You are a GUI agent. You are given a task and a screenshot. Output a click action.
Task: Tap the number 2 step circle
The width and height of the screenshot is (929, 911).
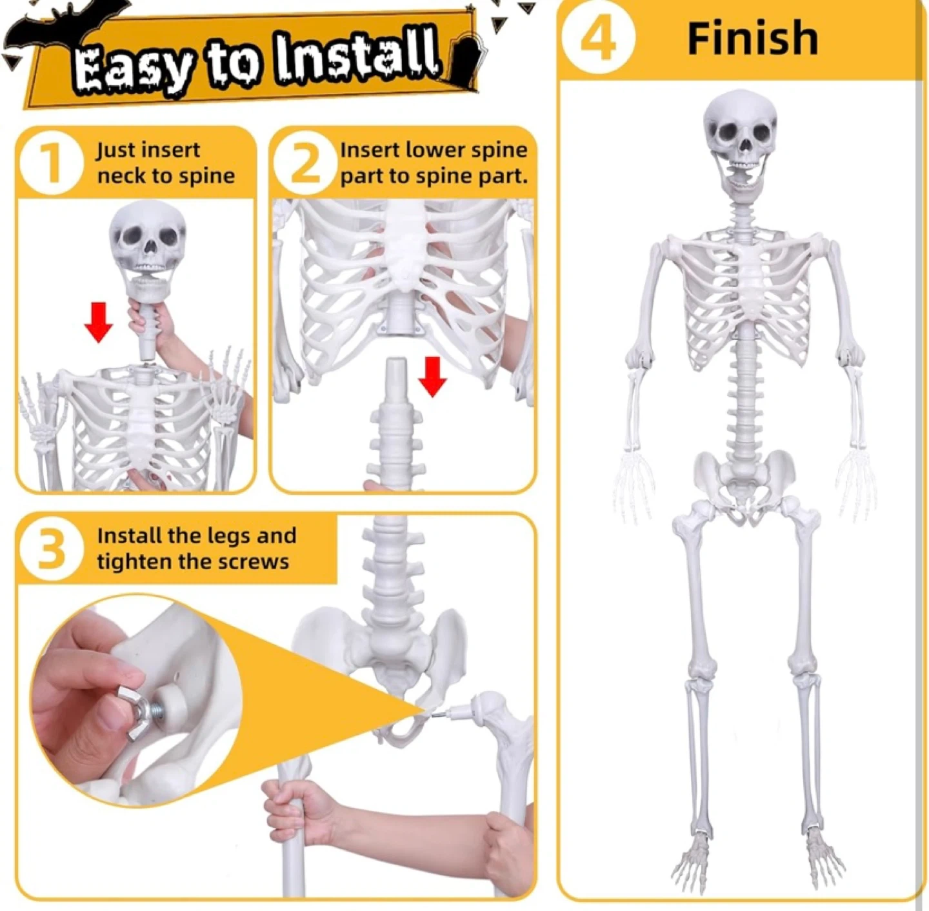coord(305,163)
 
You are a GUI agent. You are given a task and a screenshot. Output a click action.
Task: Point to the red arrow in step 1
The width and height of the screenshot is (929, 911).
coord(98,322)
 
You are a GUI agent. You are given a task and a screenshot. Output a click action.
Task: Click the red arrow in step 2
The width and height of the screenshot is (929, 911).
coord(432,377)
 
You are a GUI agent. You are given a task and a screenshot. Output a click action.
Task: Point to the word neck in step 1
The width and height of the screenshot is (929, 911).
coord(120,176)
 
